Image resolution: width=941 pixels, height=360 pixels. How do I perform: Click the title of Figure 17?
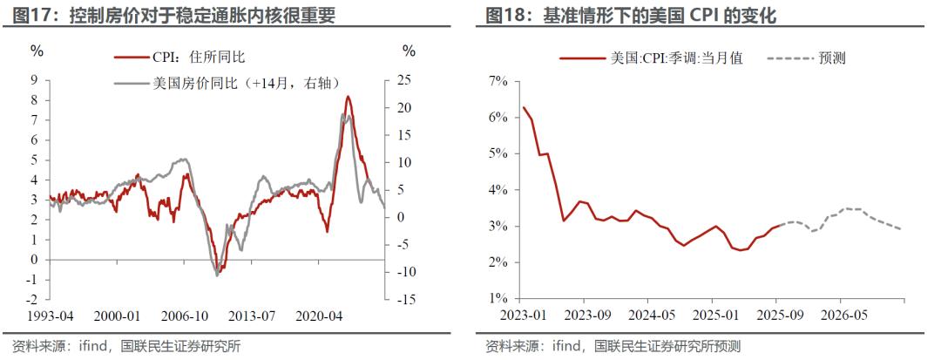point(174,16)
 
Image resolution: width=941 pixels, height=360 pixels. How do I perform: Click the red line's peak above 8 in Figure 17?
point(349,96)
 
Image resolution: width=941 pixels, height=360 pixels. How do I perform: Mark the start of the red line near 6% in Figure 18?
point(524,107)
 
